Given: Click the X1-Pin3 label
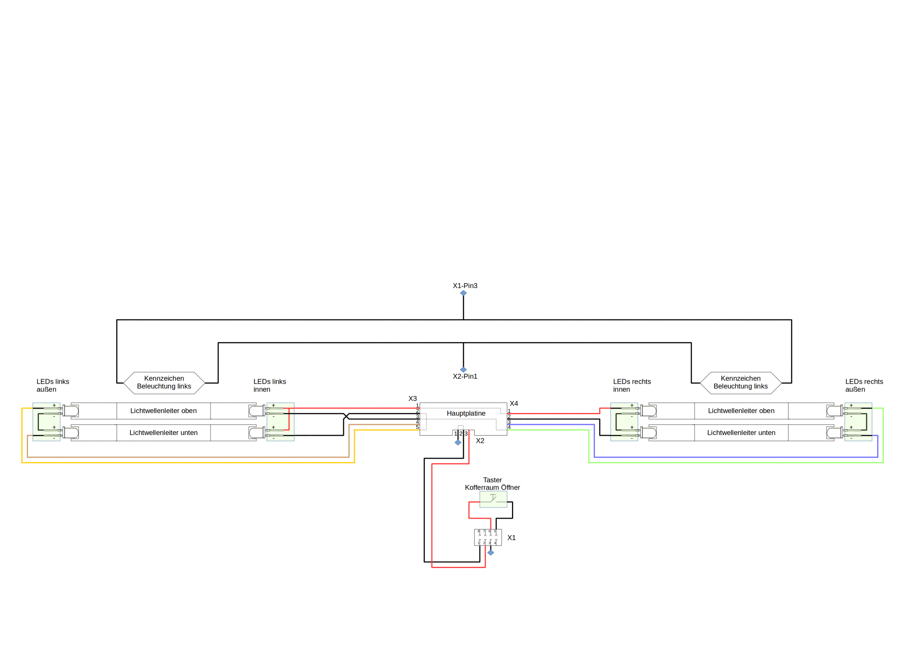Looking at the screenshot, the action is point(465,286).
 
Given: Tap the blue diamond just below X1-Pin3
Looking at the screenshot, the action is point(463,293).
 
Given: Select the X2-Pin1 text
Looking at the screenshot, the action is point(465,376).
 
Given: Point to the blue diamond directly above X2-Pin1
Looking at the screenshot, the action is point(463,370).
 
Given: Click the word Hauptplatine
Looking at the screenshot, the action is point(466,414).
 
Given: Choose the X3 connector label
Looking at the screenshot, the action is point(413,399).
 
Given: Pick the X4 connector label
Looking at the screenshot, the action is point(514,404).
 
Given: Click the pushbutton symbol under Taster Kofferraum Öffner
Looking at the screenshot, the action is point(493,499).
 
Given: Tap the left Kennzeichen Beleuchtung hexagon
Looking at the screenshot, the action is point(164,383).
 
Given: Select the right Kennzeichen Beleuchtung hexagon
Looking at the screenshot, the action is point(741,383).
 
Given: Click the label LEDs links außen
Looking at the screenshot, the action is point(53,385).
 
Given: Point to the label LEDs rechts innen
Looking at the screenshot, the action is point(632,385).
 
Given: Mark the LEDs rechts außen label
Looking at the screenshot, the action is point(864,385).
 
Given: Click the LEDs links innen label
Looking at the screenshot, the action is point(270,385).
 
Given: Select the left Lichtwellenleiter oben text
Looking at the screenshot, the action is point(164,411).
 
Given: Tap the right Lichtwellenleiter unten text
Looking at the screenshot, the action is point(741,433).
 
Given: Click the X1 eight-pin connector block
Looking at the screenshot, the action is point(488,537).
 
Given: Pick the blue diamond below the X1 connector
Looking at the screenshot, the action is point(491,553).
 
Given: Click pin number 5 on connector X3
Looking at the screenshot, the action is point(417,427).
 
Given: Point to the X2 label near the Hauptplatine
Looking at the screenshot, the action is point(480,441).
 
